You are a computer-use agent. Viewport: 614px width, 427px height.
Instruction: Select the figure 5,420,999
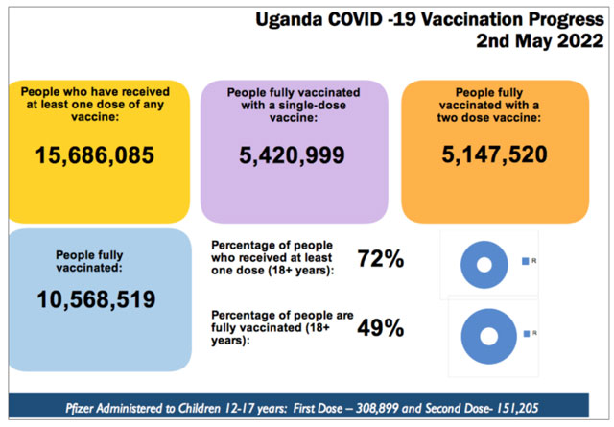click(294, 155)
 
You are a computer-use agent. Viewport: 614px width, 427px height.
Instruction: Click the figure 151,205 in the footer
click(538, 407)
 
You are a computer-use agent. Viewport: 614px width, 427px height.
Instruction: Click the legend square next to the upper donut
click(524, 261)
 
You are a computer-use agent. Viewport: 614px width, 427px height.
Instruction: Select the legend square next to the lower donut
click(524, 334)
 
